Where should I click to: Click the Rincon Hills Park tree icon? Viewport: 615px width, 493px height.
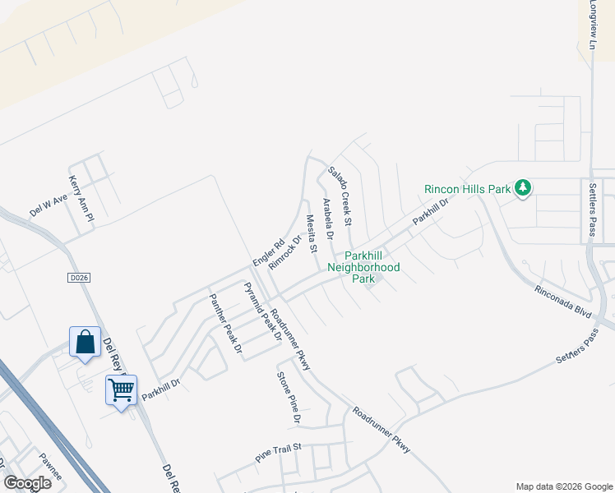click(522, 188)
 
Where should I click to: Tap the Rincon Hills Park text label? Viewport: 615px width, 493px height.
click(468, 189)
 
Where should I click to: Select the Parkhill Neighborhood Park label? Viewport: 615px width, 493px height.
click(363, 267)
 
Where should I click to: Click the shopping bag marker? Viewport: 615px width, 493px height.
click(86, 343)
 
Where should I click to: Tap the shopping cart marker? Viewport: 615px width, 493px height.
click(121, 389)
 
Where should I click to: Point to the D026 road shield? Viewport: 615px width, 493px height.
click(78, 279)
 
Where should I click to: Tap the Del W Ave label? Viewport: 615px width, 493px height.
click(48, 205)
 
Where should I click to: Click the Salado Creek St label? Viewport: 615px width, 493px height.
click(340, 196)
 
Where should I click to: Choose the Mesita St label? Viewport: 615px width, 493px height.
click(311, 233)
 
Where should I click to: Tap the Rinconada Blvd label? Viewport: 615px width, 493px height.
click(563, 302)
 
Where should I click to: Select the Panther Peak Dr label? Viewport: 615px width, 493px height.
click(225, 324)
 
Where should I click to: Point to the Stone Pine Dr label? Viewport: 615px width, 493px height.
click(289, 399)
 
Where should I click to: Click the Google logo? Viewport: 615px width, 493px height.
click(27, 483)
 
